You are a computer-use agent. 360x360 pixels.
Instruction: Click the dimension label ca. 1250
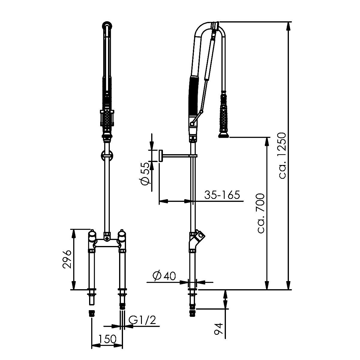[x=282, y=156]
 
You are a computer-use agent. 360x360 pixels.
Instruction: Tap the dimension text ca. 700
[x=261, y=213]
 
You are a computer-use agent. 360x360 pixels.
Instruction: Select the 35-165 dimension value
[x=222, y=195]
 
